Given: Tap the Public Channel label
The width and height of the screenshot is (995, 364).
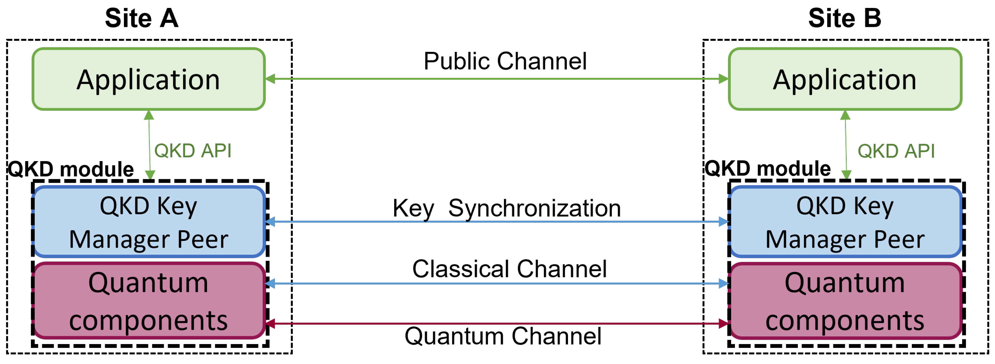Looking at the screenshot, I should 505,61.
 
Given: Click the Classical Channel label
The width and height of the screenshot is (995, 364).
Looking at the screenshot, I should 509,269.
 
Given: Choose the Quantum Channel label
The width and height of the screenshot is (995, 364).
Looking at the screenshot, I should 503,336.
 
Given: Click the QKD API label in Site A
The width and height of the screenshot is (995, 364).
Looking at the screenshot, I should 193,151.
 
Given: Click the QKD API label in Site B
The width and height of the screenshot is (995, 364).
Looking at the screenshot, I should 896,151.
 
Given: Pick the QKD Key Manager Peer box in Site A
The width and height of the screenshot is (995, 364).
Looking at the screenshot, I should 148,222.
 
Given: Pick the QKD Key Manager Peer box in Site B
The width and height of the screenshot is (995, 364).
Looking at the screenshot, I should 845,222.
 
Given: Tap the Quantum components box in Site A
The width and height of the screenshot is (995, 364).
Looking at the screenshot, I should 148,301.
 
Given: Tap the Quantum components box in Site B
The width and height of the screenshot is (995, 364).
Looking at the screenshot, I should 845,301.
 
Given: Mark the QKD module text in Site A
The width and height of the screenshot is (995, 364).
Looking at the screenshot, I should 71,169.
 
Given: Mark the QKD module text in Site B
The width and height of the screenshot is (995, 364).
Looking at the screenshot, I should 768,169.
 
